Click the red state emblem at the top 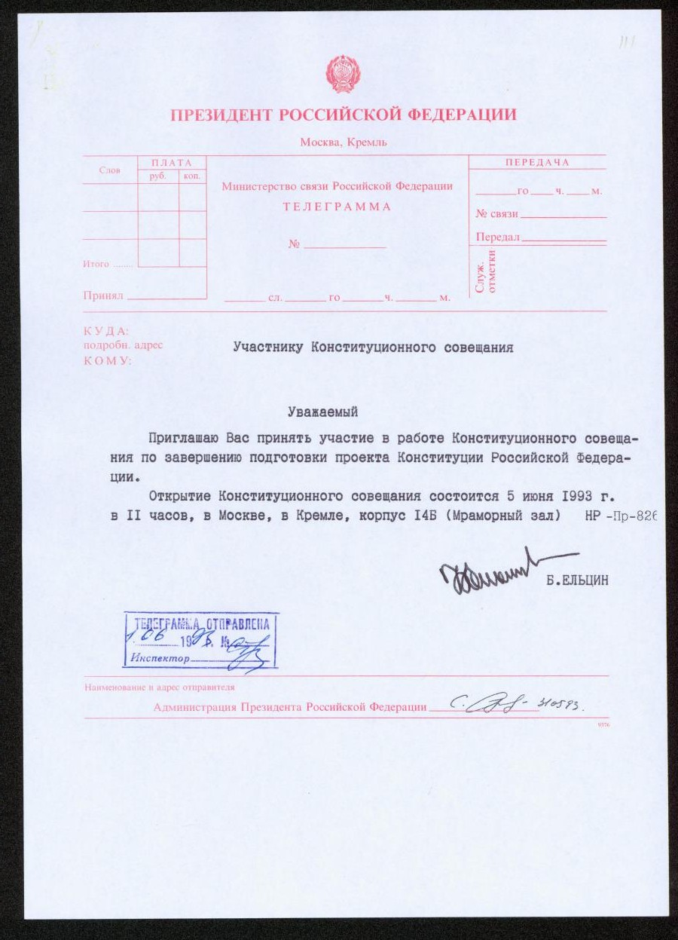[x=343, y=75]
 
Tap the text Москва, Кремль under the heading [x=343, y=142]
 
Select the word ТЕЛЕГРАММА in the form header [x=337, y=207]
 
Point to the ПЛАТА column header [x=172, y=163]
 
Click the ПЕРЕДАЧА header [x=537, y=163]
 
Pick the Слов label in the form [x=109, y=170]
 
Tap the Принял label [x=102, y=296]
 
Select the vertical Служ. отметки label [x=486, y=271]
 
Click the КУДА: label [x=106, y=331]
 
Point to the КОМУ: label [x=107, y=360]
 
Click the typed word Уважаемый [x=322, y=412]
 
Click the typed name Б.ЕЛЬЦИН [x=578, y=580]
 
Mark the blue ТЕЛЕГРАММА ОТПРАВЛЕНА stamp [x=200, y=640]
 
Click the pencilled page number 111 [x=626, y=42]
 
